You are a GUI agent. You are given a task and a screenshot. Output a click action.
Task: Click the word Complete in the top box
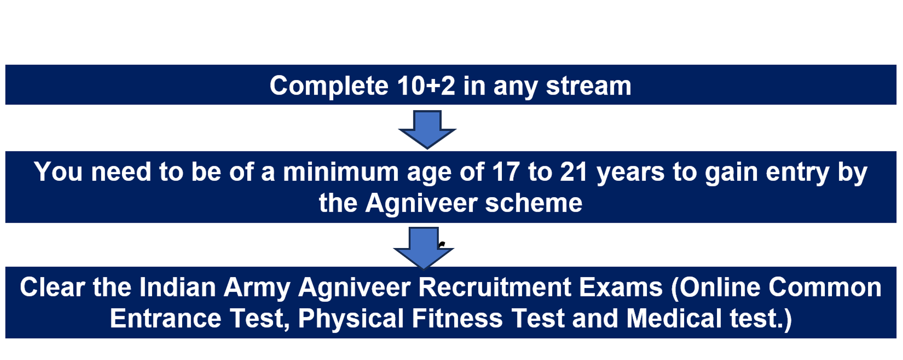click(329, 87)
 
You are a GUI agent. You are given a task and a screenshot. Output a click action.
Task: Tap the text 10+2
click(426, 86)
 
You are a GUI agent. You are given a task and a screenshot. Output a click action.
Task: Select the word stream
click(589, 86)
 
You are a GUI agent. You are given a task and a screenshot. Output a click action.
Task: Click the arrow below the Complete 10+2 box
click(427, 129)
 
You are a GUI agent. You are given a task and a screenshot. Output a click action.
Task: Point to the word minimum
click(340, 172)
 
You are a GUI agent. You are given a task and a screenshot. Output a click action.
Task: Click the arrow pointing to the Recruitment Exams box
click(423, 248)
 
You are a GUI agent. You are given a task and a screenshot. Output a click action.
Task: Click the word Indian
click(177, 287)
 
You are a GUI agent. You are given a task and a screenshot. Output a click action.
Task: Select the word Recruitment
click(494, 287)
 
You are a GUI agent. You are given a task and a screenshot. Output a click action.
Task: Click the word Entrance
click(166, 318)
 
